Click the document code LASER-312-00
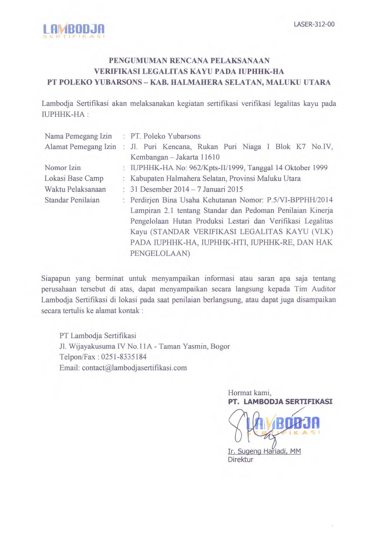(314, 24)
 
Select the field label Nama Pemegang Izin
(78, 136)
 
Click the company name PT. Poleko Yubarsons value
(165, 136)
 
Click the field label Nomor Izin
(63, 168)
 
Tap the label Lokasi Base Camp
(74, 178)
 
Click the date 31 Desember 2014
(160, 189)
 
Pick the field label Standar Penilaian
(72, 200)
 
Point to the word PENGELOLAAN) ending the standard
(160, 253)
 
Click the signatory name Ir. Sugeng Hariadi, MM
(264, 451)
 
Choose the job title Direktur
(240, 460)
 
